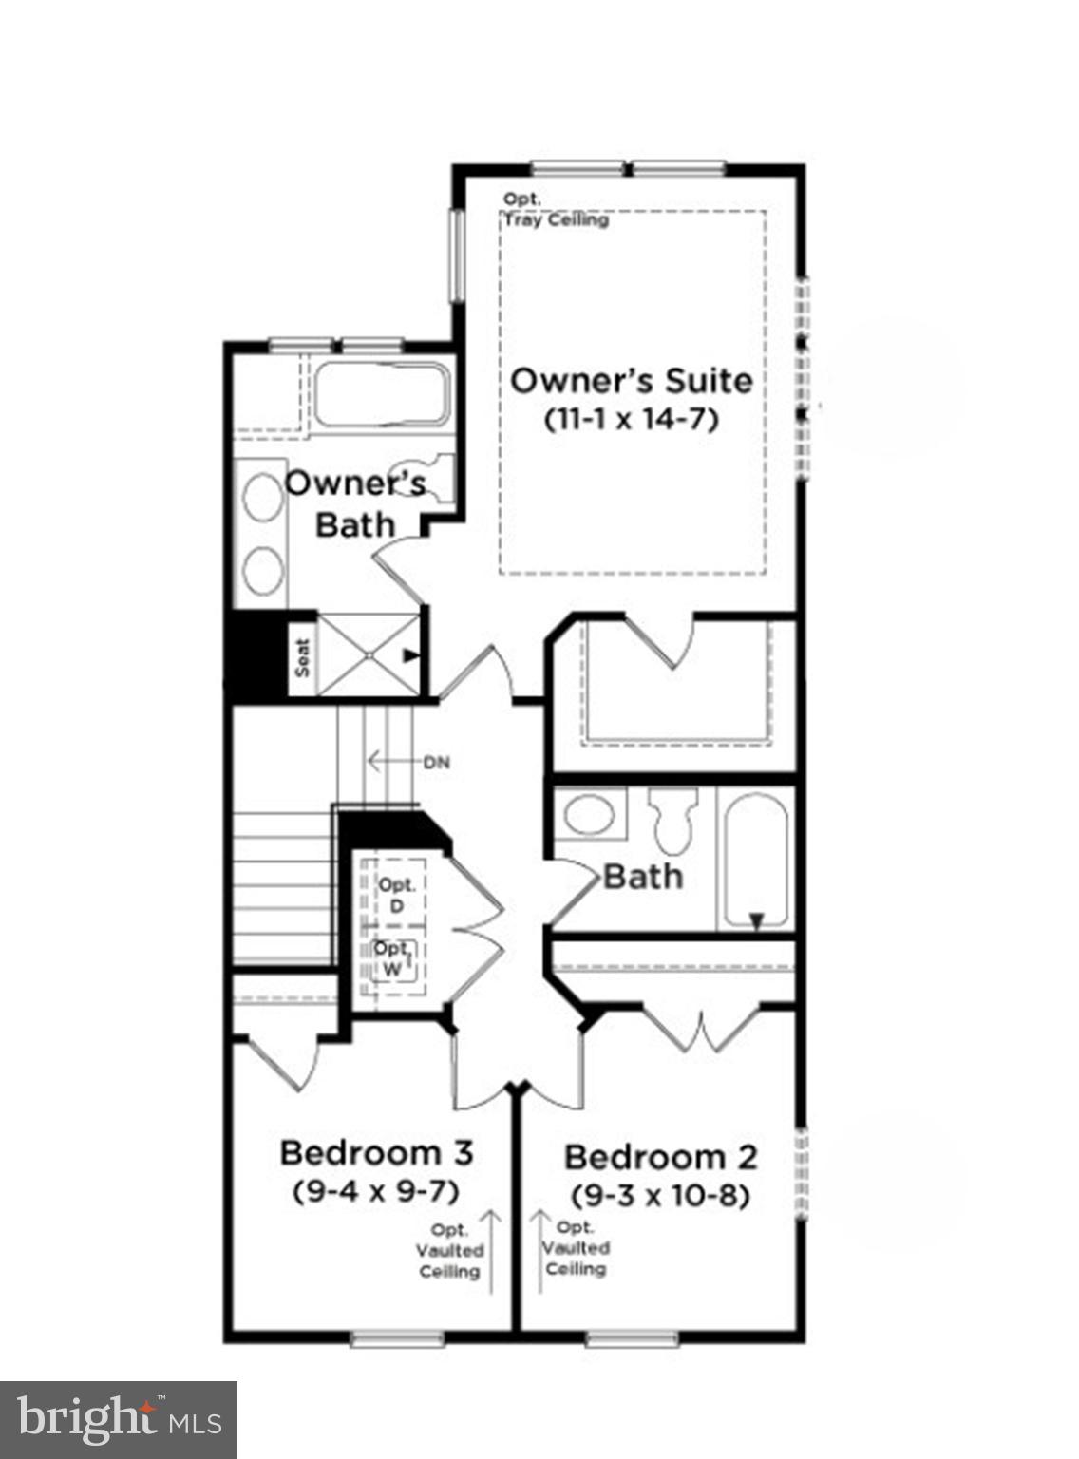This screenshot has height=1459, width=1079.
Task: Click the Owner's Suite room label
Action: [x=632, y=381]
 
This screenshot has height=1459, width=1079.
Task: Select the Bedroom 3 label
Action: [x=376, y=1153]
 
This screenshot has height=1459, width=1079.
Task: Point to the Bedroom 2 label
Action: [x=661, y=1158]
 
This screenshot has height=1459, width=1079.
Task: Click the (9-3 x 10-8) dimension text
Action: [x=661, y=1195]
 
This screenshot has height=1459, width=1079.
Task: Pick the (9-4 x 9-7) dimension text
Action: [x=376, y=1190]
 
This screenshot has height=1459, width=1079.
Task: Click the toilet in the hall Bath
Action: [x=672, y=822]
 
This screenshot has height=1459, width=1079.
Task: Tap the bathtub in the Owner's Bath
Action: [x=380, y=394]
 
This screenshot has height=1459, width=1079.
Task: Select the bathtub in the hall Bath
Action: [x=756, y=861]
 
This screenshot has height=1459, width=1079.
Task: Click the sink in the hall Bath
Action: [x=590, y=815]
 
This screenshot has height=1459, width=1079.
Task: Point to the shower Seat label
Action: [x=303, y=656]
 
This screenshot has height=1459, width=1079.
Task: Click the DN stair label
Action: [x=437, y=762]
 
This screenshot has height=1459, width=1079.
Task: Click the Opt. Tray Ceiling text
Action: [x=555, y=210]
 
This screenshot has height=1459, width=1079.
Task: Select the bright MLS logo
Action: [x=118, y=1420]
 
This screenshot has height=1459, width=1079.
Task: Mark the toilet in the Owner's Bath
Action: [x=436, y=475]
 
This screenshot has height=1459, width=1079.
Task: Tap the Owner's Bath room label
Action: [x=355, y=503]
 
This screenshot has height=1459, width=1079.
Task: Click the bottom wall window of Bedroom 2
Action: [x=632, y=1339]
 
